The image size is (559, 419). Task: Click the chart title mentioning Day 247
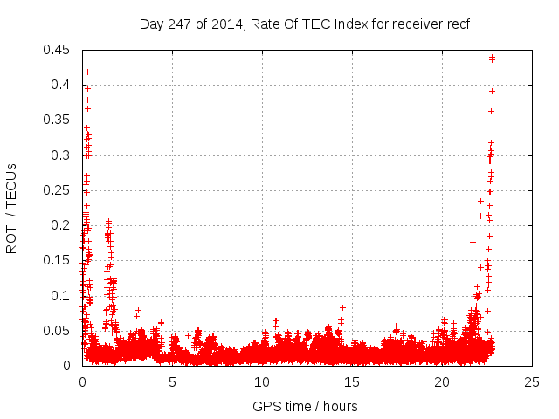305,24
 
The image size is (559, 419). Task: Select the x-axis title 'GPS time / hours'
305,406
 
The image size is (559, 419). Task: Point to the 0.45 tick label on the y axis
58,50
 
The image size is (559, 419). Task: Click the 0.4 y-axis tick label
61,85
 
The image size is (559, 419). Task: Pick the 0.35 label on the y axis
58,120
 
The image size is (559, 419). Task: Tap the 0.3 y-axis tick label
61,155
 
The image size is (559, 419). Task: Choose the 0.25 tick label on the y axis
58,190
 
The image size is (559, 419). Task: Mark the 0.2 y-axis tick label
61,225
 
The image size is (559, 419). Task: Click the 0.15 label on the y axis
58,260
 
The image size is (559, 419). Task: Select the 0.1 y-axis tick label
61,296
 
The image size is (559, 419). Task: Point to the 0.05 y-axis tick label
58,331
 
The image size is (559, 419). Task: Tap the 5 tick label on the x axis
172,381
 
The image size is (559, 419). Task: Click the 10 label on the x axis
262,381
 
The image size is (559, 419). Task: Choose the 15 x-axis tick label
352,381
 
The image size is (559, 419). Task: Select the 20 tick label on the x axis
442,381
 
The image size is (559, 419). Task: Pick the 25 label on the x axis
532,381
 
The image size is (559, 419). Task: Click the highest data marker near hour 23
493,58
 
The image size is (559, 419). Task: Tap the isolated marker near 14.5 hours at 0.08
342,307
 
